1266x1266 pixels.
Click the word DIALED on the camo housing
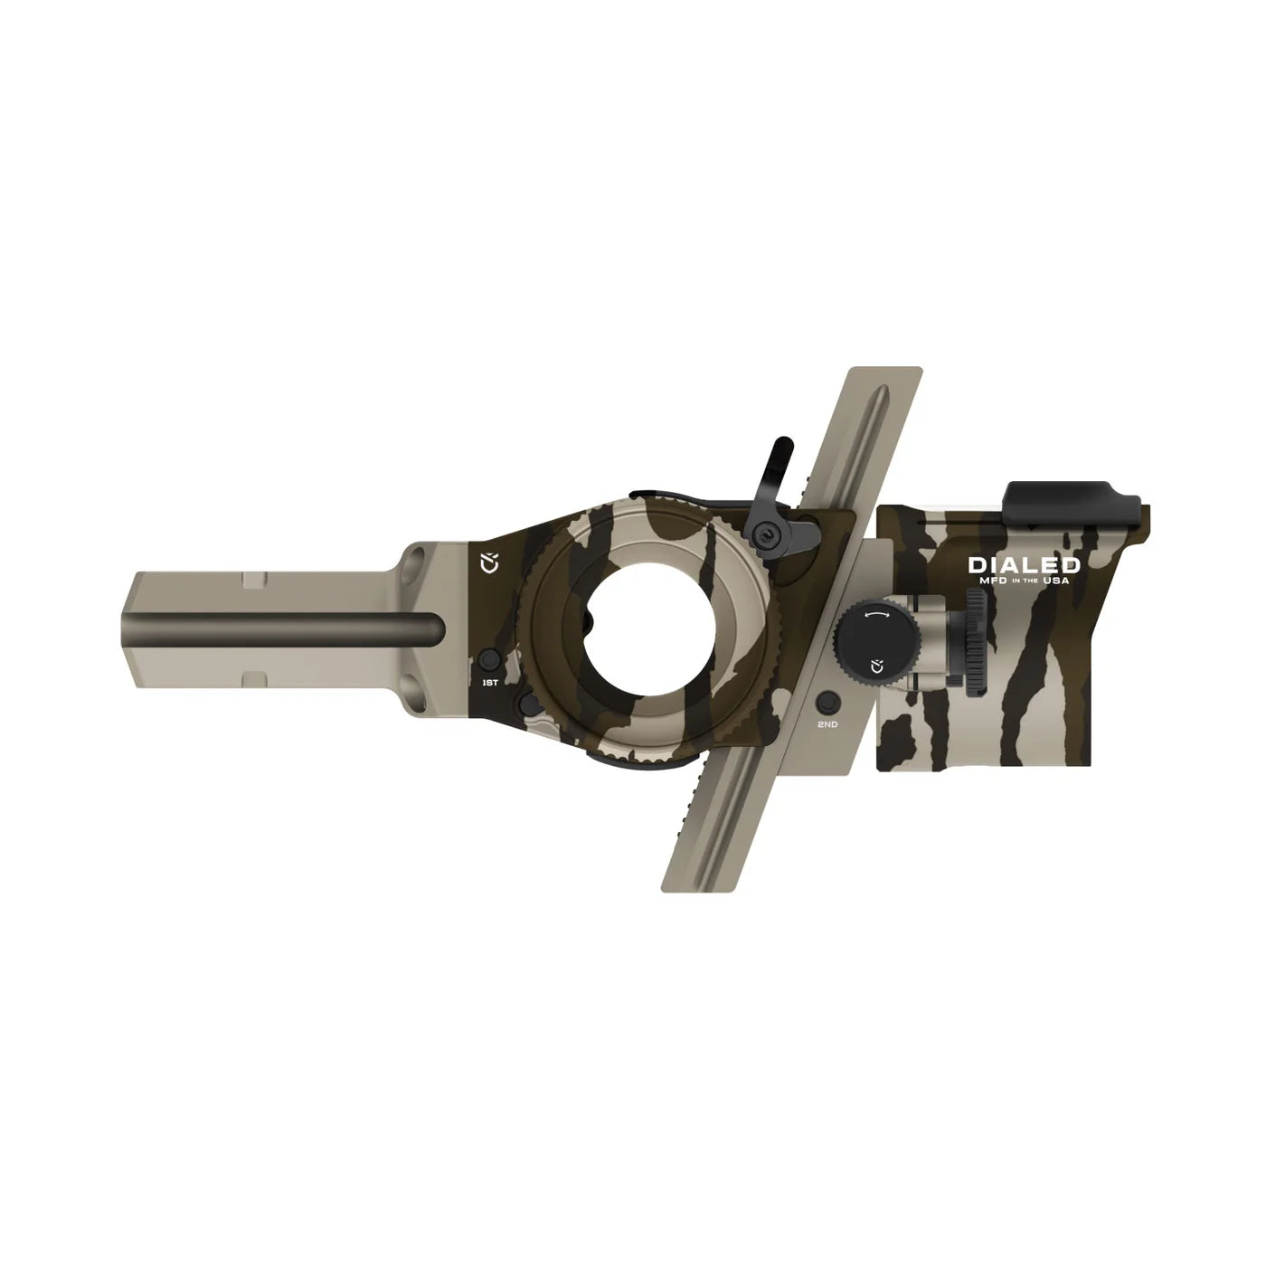pos(1024,565)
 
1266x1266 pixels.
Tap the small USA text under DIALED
pos(1056,581)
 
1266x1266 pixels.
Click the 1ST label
pos(489,682)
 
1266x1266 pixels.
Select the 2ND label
pos(827,723)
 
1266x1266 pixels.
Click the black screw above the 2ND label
pos(827,703)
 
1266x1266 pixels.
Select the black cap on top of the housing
pos(1072,496)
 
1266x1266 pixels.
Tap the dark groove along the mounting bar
pos(280,627)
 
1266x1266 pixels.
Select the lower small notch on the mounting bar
pos(254,676)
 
